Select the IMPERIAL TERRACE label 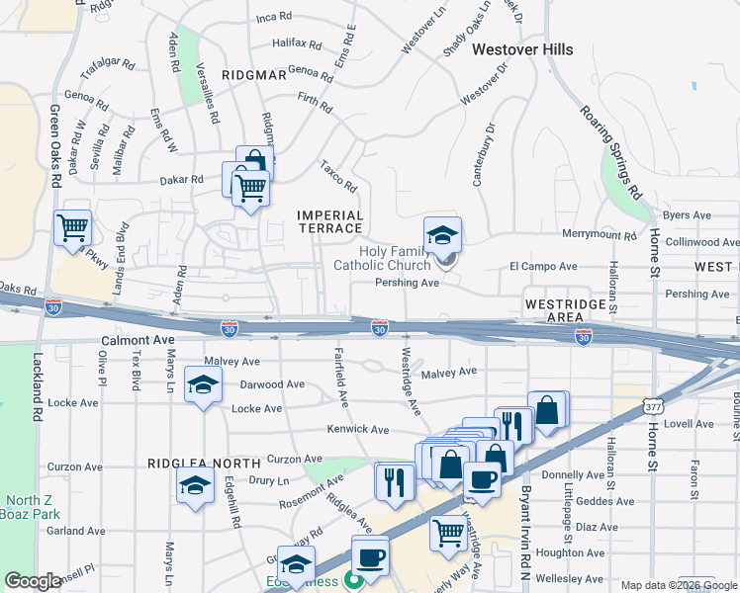(330, 221)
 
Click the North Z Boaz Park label (30, 507)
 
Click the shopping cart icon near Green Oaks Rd (73, 227)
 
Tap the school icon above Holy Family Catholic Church (442, 233)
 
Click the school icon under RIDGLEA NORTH (194, 484)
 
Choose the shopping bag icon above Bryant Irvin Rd (547, 408)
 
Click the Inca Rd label (275, 18)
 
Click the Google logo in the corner (33, 581)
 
